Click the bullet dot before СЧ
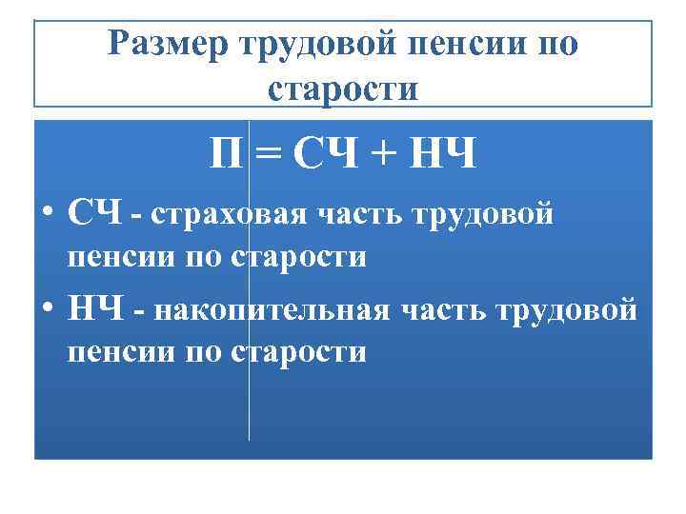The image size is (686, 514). pyautogui.click(x=47, y=213)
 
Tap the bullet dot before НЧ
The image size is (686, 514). pyautogui.click(x=47, y=308)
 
